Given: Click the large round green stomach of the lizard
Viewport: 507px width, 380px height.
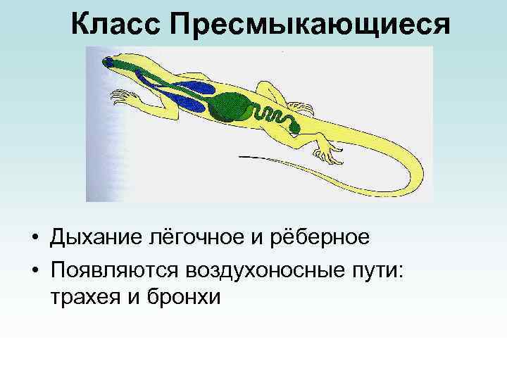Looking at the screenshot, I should pos(232,106).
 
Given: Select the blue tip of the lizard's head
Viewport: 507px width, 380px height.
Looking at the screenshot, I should pos(108,62).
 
